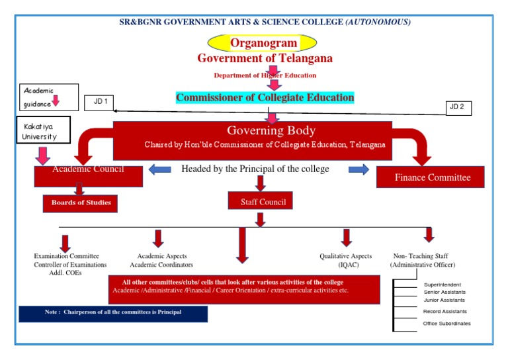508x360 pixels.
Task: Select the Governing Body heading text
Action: [271, 130]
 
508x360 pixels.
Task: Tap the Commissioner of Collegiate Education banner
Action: [265, 98]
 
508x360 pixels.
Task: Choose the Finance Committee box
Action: [431, 177]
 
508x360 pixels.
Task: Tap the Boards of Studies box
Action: [81, 202]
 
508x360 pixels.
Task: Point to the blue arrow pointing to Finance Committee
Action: [359, 169]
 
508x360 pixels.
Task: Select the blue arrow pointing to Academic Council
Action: [159, 169]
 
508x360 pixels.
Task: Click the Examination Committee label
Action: [67, 256]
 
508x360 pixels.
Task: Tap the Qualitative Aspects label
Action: [345, 256]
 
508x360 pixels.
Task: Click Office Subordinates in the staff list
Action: [447, 323]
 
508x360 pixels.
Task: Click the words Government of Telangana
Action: [265, 58]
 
